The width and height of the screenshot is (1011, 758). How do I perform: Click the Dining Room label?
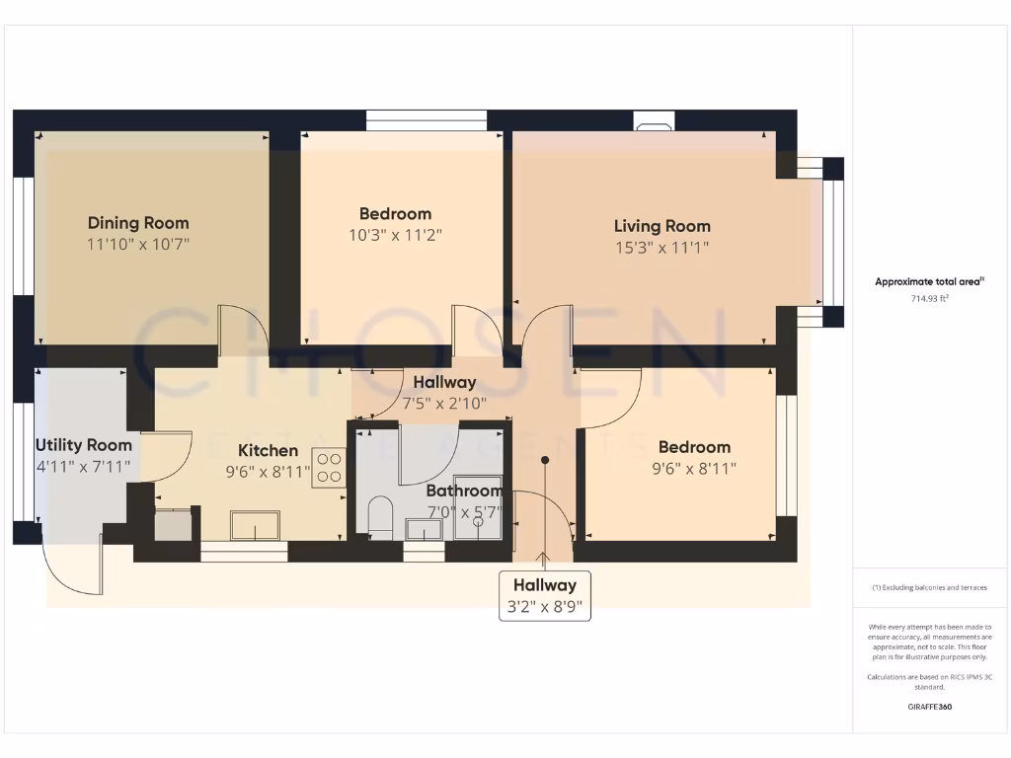click(138, 223)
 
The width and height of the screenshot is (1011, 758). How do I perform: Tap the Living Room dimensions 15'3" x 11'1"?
click(661, 249)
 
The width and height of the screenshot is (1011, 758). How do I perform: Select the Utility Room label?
click(83, 445)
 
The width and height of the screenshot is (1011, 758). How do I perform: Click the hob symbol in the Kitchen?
click(328, 468)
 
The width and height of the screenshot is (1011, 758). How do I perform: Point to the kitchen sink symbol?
click(255, 525)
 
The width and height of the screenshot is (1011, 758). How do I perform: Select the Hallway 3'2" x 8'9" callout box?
click(544, 596)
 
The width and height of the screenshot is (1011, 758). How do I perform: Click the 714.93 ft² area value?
click(929, 298)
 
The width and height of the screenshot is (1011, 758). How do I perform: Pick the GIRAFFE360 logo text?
click(929, 707)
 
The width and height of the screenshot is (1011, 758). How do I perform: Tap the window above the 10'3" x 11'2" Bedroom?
click(427, 120)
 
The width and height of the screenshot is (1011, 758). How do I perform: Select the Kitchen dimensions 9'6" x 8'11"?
click(269, 472)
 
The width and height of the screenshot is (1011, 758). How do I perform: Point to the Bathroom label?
click(463, 491)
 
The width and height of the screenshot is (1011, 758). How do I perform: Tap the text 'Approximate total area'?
click(929, 281)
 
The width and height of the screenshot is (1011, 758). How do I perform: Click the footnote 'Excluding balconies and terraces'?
click(929, 587)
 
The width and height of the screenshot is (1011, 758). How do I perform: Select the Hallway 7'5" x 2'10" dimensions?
click(444, 403)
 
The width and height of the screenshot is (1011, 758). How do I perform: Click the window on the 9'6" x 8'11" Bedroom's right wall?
click(786, 456)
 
